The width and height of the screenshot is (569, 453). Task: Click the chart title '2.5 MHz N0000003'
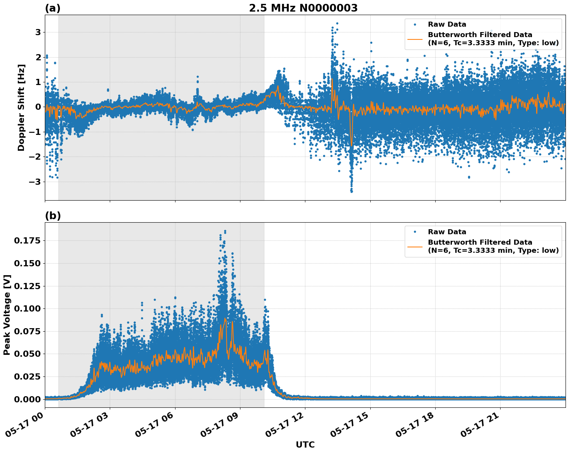click(x=303, y=8)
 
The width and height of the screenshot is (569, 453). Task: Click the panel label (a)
click(x=53, y=8)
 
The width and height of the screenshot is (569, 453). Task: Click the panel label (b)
click(x=53, y=216)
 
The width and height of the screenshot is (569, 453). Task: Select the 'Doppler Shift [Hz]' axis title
click(x=21, y=107)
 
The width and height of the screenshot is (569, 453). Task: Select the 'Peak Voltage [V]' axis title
click(x=7, y=315)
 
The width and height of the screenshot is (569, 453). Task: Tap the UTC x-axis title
click(x=305, y=444)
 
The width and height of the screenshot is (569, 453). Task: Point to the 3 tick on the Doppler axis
click(x=38, y=32)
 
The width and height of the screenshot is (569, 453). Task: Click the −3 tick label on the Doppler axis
click(x=36, y=182)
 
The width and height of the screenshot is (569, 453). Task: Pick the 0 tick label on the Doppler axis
click(x=38, y=107)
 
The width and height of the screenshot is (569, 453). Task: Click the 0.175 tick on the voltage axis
click(x=27, y=241)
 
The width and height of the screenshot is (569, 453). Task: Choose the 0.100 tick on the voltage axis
click(x=27, y=309)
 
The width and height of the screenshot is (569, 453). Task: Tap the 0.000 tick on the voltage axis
click(x=27, y=399)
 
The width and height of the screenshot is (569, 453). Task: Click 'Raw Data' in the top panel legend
click(x=447, y=24)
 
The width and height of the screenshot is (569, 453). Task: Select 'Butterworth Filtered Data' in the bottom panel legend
click(x=480, y=242)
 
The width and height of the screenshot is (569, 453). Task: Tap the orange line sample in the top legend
click(x=415, y=39)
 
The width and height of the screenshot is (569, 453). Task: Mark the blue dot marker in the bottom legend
click(x=415, y=232)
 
